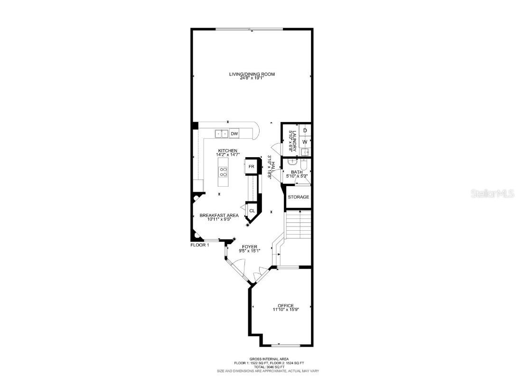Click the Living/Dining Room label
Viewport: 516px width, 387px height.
click(x=252, y=74)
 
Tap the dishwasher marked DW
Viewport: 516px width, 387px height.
click(x=234, y=134)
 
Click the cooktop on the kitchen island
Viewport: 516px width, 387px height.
click(x=222, y=172)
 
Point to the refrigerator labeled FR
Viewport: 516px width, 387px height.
click(x=252, y=167)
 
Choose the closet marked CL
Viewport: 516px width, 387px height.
click(x=252, y=210)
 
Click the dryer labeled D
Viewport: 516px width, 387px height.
click(x=305, y=130)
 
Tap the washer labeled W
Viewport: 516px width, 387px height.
click(x=305, y=142)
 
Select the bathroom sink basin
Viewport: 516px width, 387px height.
click(x=291, y=162)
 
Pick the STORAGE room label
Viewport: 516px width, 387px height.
click(x=298, y=197)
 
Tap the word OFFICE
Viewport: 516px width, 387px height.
click(x=286, y=305)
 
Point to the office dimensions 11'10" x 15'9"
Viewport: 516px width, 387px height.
click(x=286, y=310)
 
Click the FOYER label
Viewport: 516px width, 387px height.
click(x=249, y=246)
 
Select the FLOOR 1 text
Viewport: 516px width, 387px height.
click(x=199, y=245)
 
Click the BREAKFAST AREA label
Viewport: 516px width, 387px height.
click(x=219, y=215)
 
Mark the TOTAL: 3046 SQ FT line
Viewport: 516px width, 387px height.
click(x=269, y=367)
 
